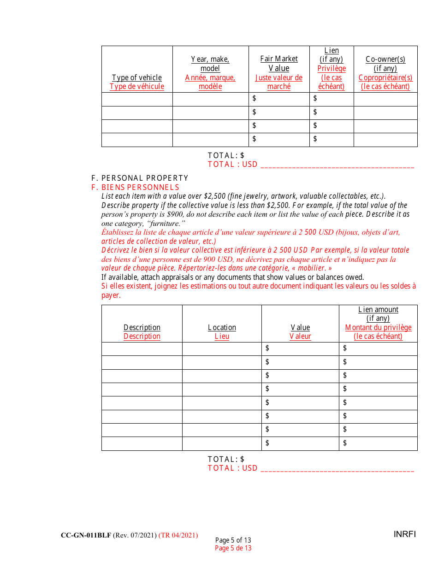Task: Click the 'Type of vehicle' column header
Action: pos(137,77)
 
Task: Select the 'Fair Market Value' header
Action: pos(279,64)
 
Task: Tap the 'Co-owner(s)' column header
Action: pos(385,59)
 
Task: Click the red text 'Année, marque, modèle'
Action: pos(210,82)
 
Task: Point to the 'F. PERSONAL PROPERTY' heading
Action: pos(140,178)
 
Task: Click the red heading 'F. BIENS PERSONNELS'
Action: pos(136,187)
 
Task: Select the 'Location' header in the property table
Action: pos(222,327)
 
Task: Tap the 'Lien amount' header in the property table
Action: pos(378,310)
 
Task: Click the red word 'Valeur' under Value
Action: pos(300,337)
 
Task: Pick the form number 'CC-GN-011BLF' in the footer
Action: pos(86,535)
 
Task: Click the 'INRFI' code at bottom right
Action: pos(405,534)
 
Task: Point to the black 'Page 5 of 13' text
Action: pos(233,540)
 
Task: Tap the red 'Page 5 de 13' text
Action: pos(233,548)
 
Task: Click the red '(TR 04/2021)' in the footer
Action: pos(178,535)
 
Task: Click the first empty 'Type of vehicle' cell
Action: pos(137,99)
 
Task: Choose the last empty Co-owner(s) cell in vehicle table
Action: pos(385,140)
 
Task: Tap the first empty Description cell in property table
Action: pos(142,349)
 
